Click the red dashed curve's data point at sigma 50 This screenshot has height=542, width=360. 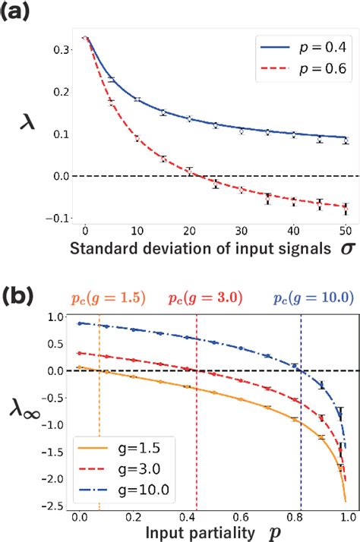click(x=346, y=206)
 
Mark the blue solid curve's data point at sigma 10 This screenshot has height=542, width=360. click(x=137, y=99)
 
